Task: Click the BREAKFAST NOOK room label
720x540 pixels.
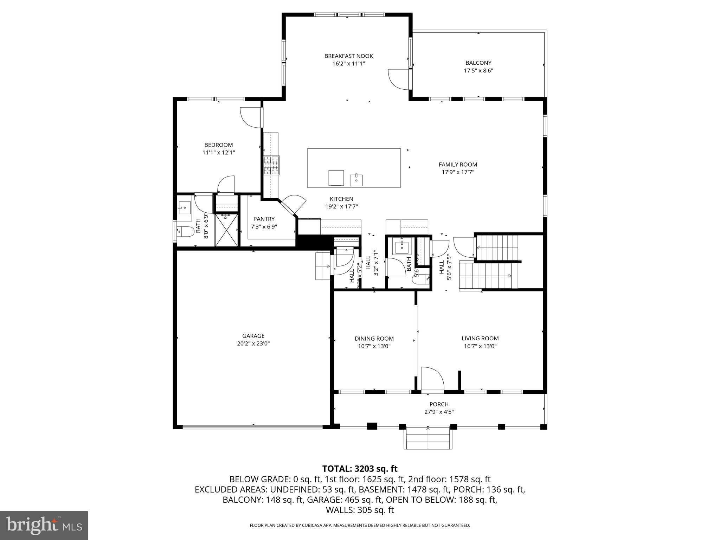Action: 348,56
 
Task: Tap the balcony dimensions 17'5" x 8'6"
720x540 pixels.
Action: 478,71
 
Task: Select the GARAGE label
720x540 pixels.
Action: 253,336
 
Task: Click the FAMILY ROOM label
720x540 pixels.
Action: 458,164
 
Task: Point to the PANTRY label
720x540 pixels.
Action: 264,219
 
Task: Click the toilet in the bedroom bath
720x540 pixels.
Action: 186,231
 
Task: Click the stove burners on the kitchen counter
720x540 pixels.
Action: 272,165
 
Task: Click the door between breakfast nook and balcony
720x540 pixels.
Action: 399,79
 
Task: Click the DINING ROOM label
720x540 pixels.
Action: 374,339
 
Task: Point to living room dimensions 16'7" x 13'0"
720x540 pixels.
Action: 480,346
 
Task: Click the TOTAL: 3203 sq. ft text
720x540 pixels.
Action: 360,469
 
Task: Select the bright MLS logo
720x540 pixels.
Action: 44,525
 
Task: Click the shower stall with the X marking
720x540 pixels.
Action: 226,230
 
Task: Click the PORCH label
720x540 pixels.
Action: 439,404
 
